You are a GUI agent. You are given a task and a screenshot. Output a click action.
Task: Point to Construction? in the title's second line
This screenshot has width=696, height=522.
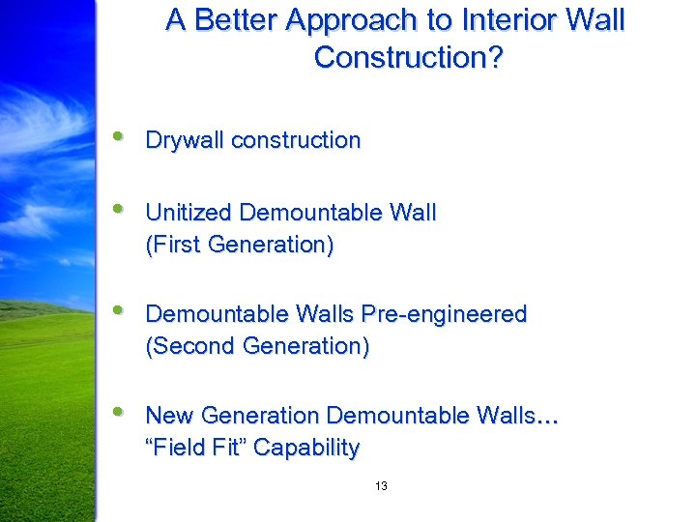click(408, 58)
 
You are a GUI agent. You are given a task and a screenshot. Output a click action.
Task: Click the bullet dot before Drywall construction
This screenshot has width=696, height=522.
click(119, 136)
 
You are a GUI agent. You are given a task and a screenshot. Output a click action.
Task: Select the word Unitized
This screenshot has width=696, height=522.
click(188, 213)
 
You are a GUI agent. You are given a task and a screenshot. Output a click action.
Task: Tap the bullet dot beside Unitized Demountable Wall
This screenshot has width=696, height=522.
click(119, 209)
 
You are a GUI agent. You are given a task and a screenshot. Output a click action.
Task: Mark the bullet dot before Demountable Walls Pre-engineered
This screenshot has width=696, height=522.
click(119, 310)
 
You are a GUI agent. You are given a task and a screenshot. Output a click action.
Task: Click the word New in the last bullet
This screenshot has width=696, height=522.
click(167, 416)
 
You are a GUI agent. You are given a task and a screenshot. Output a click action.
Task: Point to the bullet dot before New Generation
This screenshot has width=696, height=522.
click(119, 412)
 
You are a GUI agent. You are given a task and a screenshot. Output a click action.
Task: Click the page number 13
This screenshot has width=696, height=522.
click(381, 486)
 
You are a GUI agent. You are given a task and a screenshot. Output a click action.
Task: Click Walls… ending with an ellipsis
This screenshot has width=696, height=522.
click(518, 416)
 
